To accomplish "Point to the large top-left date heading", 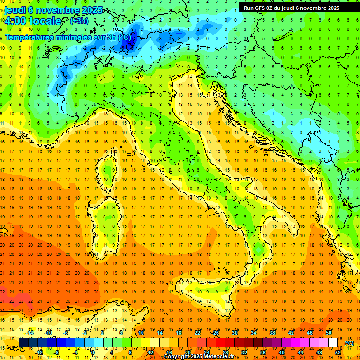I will click(49, 9).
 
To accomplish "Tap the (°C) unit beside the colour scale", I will click(349, 343).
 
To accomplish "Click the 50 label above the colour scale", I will click(328, 333).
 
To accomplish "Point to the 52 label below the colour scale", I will click(337, 352).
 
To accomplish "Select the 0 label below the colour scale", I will click(93, 352).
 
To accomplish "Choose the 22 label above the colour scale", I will click(197, 333).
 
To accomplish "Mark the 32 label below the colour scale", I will click(244, 352).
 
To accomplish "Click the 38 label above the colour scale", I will click(272, 333).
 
